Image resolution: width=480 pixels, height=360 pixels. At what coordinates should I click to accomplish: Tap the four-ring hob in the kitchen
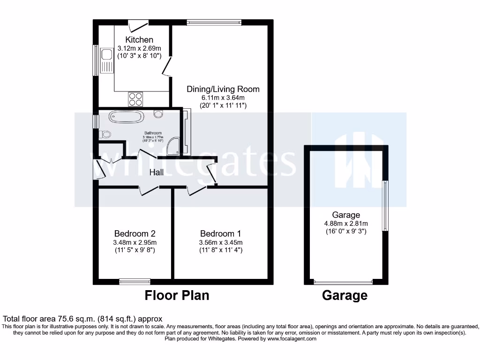point(135,99)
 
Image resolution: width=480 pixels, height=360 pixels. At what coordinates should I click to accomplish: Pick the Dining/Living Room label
point(223,89)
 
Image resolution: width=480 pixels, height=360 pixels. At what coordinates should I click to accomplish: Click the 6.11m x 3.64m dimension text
point(223,97)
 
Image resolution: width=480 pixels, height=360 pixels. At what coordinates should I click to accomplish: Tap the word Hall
point(157,172)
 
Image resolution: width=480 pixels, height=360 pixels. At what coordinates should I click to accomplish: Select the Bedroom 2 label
point(135,233)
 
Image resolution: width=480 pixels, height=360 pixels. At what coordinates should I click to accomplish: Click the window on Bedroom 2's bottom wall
point(135,281)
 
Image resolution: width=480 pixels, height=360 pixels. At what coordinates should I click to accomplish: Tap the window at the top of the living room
point(214,22)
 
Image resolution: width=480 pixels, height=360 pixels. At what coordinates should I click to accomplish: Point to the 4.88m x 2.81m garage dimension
point(346,223)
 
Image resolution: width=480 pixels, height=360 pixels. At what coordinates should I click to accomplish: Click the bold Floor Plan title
point(177,295)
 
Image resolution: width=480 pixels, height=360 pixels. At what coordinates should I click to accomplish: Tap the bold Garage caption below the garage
point(345,295)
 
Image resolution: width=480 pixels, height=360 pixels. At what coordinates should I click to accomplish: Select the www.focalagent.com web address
point(292,338)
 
